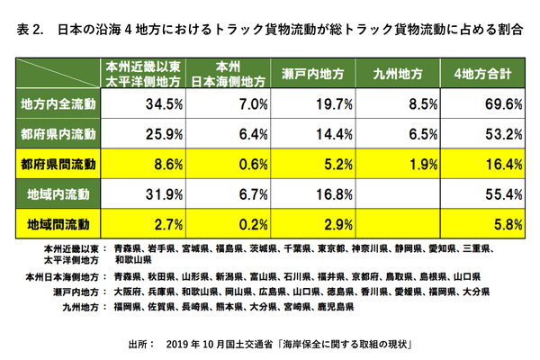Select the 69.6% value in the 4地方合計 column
486,105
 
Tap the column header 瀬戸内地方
310,73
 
